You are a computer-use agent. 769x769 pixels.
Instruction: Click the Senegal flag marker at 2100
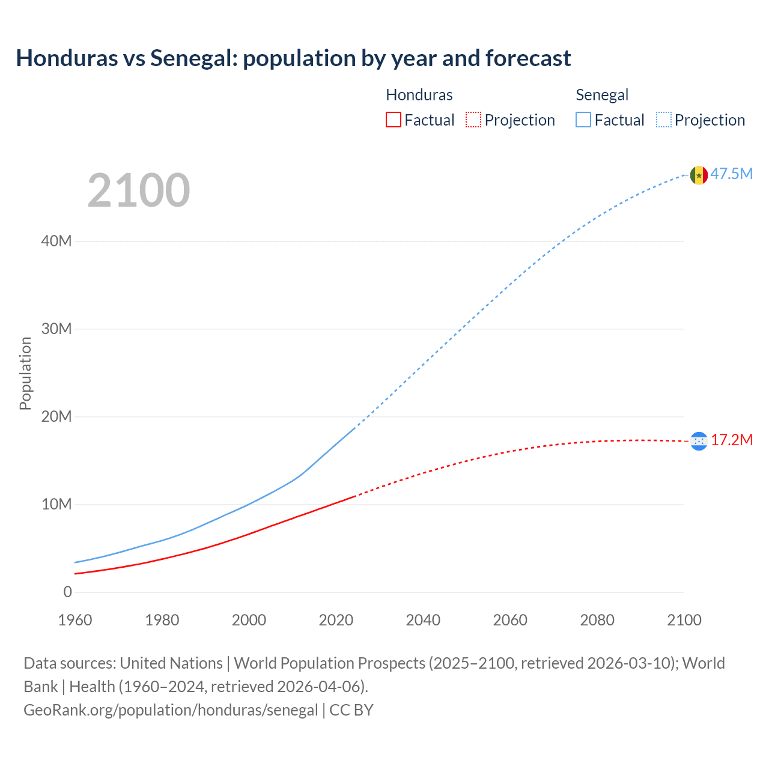(x=699, y=175)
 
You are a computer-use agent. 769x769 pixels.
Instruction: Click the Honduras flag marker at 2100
(x=699, y=441)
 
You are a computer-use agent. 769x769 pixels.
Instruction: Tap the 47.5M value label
(x=732, y=174)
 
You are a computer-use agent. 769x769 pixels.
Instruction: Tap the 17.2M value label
(x=732, y=440)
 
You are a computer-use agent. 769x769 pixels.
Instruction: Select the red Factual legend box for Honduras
(x=393, y=120)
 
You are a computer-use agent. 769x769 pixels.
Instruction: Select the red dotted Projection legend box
(x=473, y=120)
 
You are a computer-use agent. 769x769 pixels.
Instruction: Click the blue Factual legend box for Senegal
(x=583, y=120)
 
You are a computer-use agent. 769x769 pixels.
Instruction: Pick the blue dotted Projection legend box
(x=663, y=120)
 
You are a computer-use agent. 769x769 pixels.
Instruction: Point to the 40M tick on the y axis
(x=56, y=242)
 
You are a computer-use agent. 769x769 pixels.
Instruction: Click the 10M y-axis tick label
(x=56, y=505)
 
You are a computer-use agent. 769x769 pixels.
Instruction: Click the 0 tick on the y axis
(x=67, y=592)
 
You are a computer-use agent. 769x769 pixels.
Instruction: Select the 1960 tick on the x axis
(x=75, y=620)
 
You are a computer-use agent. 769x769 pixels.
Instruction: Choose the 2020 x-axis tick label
(x=336, y=620)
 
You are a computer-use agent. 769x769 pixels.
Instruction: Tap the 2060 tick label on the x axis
(x=510, y=620)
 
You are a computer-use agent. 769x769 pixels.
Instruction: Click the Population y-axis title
(x=25, y=373)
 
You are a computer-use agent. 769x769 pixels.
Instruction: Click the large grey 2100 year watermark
(x=139, y=190)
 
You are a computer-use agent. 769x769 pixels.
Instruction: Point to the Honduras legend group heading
(x=419, y=95)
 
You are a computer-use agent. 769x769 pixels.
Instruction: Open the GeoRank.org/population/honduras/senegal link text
(x=171, y=710)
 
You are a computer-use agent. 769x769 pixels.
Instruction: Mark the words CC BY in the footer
(x=351, y=710)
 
